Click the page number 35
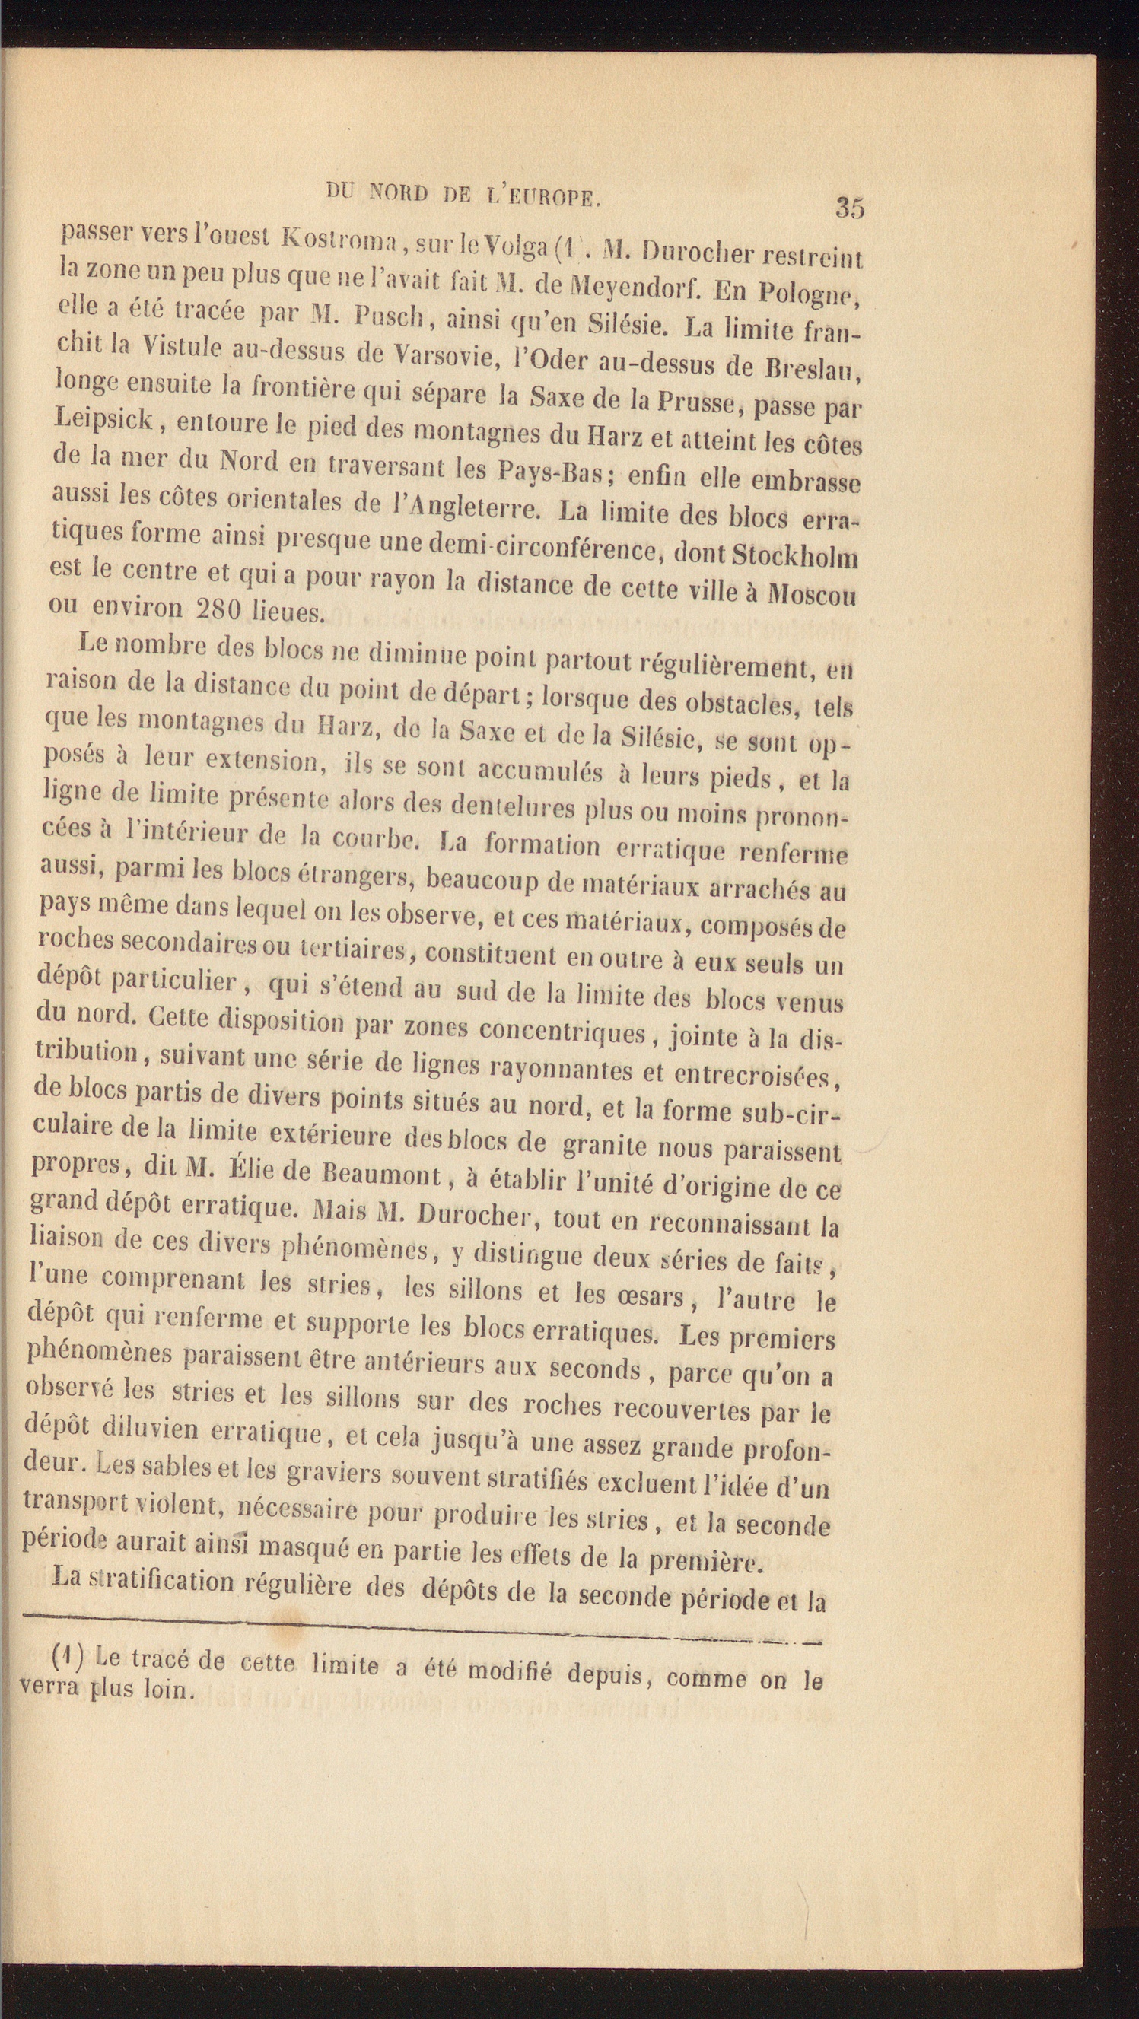click(850, 207)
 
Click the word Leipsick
click(105, 420)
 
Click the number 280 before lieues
click(227, 608)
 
